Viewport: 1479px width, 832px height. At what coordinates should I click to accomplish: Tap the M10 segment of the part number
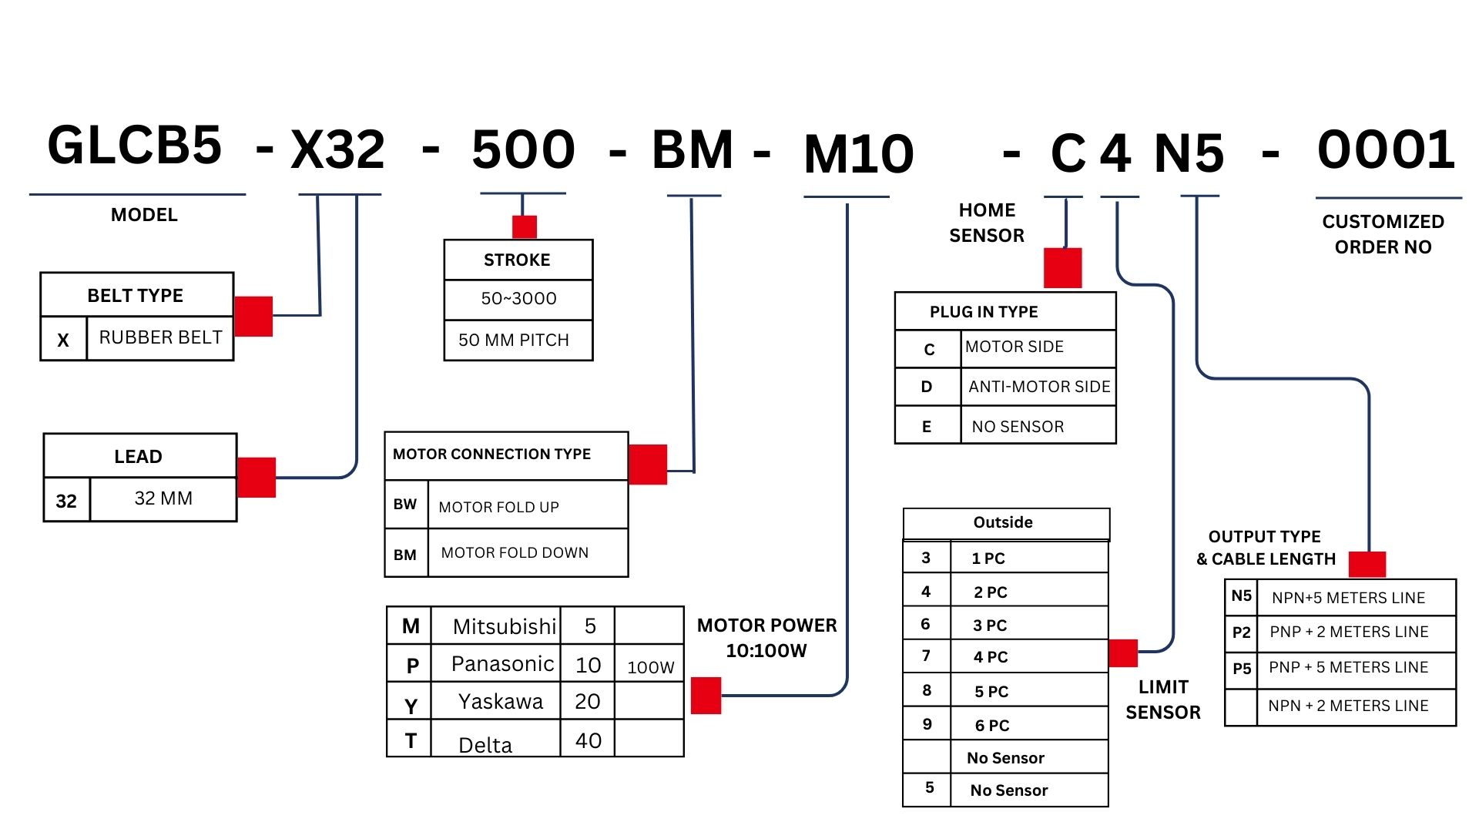[858, 153]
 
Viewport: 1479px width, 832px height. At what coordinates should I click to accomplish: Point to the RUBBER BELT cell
[160, 337]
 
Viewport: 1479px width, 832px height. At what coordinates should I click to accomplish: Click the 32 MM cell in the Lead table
[163, 498]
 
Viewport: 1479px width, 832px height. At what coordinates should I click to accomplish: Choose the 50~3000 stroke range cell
[518, 299]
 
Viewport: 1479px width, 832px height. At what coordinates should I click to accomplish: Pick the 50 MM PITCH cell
[514, 340]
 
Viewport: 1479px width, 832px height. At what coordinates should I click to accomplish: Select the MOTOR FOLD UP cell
[498, 507]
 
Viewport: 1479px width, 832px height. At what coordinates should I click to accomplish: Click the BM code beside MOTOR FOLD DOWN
[405, 555]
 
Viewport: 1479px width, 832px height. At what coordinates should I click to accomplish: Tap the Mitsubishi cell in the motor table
[504, 626]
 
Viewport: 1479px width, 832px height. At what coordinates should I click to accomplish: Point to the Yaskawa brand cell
[501, 702]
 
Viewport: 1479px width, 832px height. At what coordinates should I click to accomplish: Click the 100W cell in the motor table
[650, 667]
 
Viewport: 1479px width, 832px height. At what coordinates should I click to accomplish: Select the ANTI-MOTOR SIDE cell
[1039, 387]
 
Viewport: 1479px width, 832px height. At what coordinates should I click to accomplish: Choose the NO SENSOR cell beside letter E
[1018, 427]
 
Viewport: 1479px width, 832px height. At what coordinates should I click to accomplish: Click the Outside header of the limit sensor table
[1003, 522]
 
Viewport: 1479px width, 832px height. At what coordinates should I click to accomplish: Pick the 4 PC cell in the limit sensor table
[991, 657]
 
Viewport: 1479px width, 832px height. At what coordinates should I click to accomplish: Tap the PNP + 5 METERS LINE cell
[1348, 667]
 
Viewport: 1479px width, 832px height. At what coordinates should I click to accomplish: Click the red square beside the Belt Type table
[253, 316]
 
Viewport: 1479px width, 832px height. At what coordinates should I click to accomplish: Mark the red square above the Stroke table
[525, 226]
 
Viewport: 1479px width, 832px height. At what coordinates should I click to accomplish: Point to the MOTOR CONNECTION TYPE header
[492, 455]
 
